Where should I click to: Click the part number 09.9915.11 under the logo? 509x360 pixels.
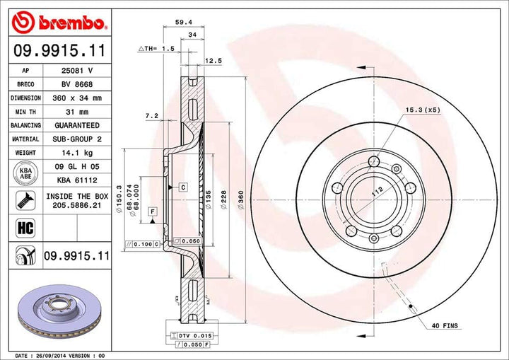59,50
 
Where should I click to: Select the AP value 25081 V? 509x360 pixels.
78,71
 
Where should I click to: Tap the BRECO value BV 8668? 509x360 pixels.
78,85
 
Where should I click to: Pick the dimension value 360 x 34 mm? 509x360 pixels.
78,98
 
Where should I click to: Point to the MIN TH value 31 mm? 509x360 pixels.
78,112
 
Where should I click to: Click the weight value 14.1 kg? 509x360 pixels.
78,153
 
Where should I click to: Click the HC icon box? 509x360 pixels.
25,227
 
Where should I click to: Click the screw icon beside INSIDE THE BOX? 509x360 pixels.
25,201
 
